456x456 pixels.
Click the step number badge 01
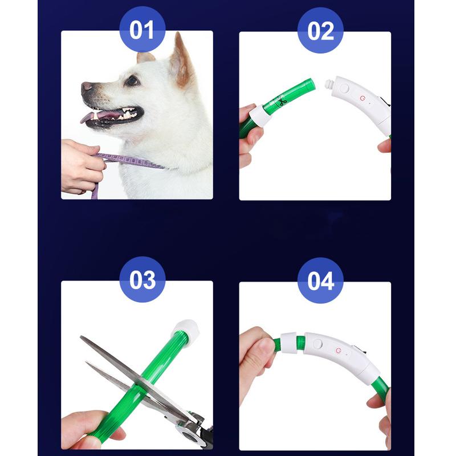pos(142,29)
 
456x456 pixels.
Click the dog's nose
pos(87,87)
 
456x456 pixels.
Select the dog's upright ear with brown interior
pos(181,62)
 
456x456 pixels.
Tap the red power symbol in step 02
pos(361,98)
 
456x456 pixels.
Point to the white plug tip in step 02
pos(328,85)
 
